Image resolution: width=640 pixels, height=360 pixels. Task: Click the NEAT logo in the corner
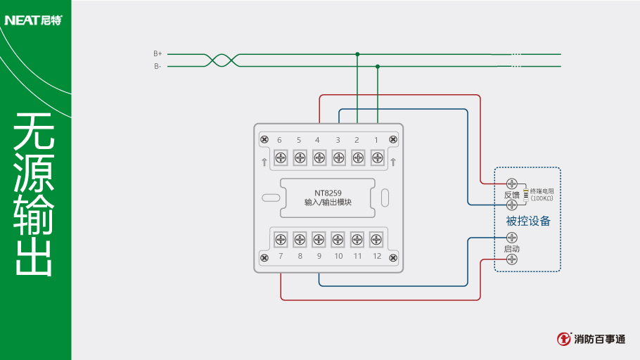[33, 20]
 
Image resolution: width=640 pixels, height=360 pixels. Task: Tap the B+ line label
[158, 53]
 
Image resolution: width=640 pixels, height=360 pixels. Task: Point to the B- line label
[158, 66]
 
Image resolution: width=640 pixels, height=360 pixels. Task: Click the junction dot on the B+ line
[357, 54]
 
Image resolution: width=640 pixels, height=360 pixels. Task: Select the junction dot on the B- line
[378, 67]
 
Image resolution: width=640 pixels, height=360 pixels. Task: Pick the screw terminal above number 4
[319, 157]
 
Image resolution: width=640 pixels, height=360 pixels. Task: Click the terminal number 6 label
[279, 140]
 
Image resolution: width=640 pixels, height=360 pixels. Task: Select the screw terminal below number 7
[281, 239]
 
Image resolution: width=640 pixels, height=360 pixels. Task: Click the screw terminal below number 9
[319, 239]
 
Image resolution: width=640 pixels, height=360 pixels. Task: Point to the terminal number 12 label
[377, 256]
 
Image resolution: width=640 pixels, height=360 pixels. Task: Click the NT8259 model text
[328, 193]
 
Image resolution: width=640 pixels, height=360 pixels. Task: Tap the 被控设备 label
[527, 221]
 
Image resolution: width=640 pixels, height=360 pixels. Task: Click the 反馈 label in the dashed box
[511, 195]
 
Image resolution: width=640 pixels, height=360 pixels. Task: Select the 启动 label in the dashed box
[511, 249]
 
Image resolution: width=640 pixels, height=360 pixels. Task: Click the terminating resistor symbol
[525, 194]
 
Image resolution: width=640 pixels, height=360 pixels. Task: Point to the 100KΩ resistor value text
[542, 198]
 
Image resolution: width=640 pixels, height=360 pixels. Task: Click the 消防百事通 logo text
[599, 339]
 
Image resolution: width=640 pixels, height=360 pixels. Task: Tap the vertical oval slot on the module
[385, 198]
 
